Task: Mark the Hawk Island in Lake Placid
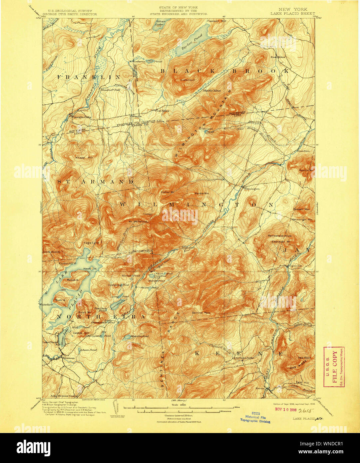(x=87, y=268)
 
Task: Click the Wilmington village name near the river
(x=251, y=189)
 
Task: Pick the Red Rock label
(x=304, y=357)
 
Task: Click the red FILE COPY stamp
(x=334, y=366)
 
